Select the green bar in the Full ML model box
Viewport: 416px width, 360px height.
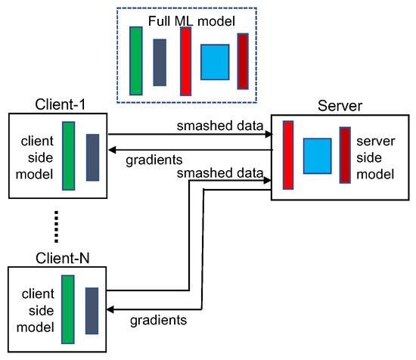coord(136,61)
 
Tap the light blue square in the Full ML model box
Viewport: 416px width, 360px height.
coord(214,62)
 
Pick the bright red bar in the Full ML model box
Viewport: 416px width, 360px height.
coord(185,61)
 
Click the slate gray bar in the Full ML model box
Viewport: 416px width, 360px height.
coord(160,62)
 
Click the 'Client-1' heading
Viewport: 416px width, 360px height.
coord(57,104)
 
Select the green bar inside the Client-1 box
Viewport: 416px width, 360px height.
coord(69,156)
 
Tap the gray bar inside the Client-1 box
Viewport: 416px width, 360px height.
coord(92,157)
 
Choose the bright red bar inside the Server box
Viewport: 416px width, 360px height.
coord(288,154)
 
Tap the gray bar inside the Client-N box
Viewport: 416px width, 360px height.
coord(92,309)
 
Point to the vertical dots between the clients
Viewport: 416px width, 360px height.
coord(57,227)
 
